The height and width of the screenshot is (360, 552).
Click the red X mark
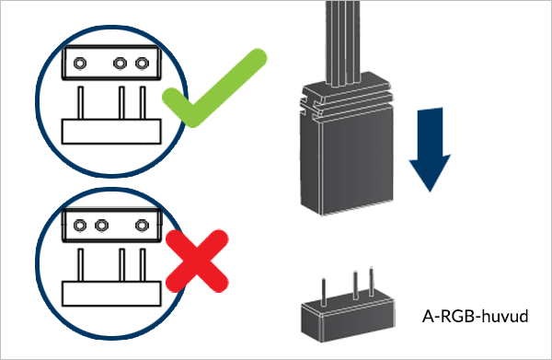click(197, 261)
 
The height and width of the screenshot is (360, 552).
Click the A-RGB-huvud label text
click(475, 316)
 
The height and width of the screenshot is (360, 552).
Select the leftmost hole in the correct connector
click(80, 64)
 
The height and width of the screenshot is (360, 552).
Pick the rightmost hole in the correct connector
click(142, 64)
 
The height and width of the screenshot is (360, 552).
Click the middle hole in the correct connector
click(120, 64)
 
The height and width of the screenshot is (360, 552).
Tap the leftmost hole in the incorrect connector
click(80, 225)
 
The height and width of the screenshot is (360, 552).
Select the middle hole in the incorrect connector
click(102, 225)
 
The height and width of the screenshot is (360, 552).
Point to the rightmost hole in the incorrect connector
click(142, 225)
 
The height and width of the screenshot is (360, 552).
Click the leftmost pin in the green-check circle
click(81, 102)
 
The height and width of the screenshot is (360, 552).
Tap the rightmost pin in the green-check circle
click(143, 102)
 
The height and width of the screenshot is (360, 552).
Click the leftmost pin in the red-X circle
click(81, 264)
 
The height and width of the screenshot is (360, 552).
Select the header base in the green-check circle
click(111, 132)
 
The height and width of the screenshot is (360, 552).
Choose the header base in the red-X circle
click(111, 294)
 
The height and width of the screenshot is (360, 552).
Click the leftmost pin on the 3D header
click(324, 292)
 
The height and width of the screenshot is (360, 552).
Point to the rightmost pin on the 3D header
click(371, 282)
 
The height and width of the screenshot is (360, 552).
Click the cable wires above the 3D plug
click(343, 42)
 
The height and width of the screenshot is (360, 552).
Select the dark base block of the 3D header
click(348, 319)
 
